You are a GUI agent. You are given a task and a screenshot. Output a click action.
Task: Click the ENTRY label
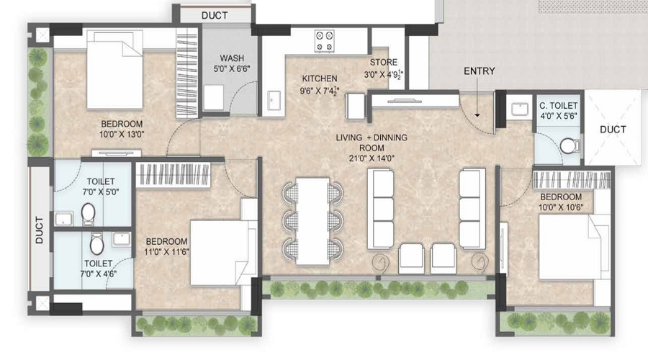[479, 71]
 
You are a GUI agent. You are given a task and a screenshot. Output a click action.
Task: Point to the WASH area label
[231, 58]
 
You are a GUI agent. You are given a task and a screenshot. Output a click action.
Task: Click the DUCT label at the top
[215, 15]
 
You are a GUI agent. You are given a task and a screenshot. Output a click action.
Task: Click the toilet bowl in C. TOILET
[569, 146]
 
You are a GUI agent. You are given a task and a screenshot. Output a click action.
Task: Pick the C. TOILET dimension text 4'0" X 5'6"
[558, 116]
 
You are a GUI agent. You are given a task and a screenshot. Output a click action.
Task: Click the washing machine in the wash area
[214, 98]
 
